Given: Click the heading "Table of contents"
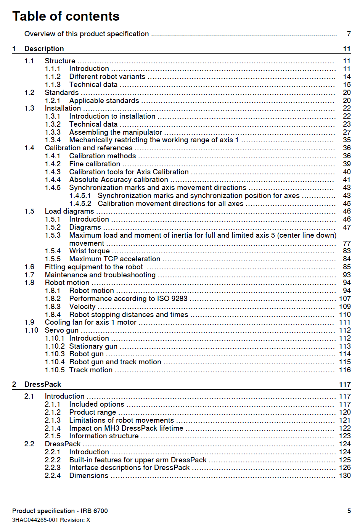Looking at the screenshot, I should (x=66, y=16).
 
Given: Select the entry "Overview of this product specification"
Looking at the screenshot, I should (x=87, y=34).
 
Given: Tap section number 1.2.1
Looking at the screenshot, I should (x=53, y=101).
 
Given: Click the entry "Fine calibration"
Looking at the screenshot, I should (x=95, y=164).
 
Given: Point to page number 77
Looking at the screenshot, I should (x=347, y=243).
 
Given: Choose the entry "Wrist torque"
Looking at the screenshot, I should (x=89, y=251).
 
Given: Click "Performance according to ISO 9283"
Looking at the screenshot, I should (x=128, y=299).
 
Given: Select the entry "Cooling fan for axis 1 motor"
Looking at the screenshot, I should (x=90, y=322).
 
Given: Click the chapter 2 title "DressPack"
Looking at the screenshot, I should (x=43, y=385).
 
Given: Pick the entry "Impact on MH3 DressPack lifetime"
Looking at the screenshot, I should (x=126, y=428).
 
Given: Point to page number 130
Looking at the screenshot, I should (x=345, y=476).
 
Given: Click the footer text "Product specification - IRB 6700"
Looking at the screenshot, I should (x=60, y=511).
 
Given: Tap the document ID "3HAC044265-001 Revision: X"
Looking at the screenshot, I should (x=51, y=520).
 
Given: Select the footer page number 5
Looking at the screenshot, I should (x=349, y=511).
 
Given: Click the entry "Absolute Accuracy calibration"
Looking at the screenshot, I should (x=119, y=180).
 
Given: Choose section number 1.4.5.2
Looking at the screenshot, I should (x=80, y=204).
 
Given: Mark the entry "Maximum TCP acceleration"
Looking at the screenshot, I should (x=115, y=259).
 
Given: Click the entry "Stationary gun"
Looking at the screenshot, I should (x=93, y=346).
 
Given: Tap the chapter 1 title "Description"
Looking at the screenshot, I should (x=44, y=49).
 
